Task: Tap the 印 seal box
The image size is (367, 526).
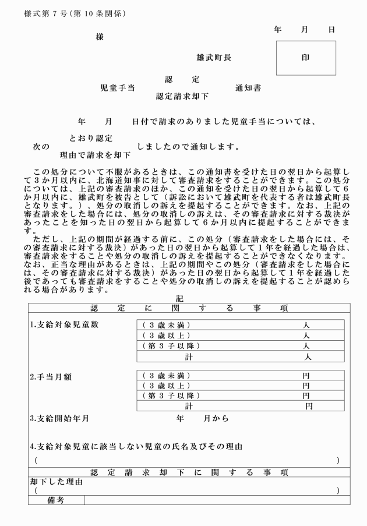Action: (x=306, y=58)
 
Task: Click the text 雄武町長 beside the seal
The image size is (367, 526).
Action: (x=214, y=58)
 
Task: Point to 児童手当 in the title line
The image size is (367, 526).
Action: (x=118, y=88)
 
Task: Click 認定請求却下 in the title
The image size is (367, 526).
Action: (x=182, y=97)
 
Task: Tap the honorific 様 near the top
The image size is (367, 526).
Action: (x=100, y=37)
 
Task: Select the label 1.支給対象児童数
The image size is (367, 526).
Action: (x=64, y=324)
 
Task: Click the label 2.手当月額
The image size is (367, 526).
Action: (x=51, y=377)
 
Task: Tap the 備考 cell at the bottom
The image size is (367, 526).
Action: (x=56, y=500)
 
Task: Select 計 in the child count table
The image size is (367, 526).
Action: (x=189, y=356)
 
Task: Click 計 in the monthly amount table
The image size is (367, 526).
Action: (x=189, y=405)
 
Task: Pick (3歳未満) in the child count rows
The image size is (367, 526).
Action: (x=166, y=325)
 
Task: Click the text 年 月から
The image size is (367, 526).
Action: (x=202, y=418)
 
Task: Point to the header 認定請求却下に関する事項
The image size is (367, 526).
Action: (x=189, y=472)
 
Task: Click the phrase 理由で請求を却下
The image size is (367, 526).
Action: (x=95, y=156)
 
